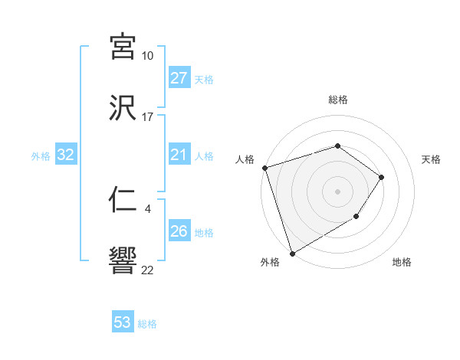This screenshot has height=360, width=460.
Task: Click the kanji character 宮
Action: [123, 47]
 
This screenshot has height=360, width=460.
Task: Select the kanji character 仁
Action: [123, 201]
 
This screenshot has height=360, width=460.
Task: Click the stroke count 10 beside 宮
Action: [147, 56]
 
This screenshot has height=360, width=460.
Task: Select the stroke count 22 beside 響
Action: [147, 270]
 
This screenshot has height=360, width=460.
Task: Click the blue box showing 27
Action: [179, 78]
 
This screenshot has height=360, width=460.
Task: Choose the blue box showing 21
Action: [179, 155]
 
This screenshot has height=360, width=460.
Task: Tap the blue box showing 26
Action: [179, 231]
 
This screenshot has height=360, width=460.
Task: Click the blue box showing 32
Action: [66, 155]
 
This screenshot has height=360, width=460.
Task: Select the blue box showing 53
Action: [123, 322]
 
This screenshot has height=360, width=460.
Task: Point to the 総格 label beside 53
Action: [147, 324]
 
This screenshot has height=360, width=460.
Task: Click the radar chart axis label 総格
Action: [338, 100]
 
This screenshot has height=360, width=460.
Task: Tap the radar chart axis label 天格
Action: [432, 159]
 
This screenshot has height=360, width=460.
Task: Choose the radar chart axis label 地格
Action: [402, 263]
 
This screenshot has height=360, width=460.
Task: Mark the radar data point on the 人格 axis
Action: [264, 168]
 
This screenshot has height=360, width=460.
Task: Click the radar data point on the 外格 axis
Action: [292, 253]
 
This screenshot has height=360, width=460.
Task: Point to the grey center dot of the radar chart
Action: [338, 191]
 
